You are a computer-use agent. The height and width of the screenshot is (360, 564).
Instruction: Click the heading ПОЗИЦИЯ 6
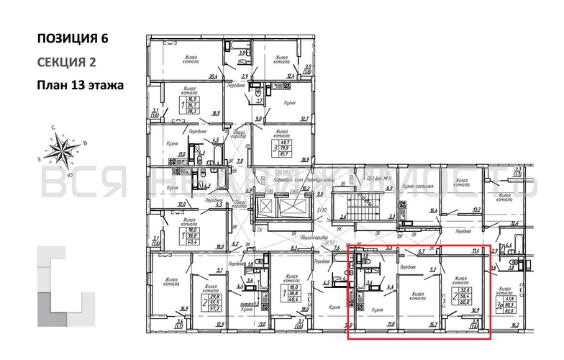tap(73, 39)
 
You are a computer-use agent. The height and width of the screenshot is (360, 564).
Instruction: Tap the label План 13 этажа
tap(80, 85)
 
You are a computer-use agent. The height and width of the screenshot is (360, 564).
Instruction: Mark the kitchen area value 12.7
tap(304, 119)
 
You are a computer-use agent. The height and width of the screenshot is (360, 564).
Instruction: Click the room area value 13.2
tap(476, 210)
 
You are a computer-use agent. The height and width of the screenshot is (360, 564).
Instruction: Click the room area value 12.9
tap(200, 325)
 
